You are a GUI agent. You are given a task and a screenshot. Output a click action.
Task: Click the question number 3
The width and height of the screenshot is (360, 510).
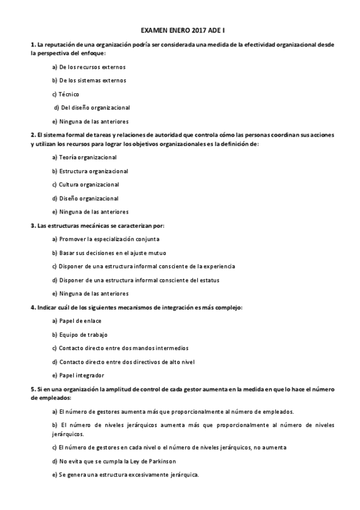pyautogui.click(x=33, y=226)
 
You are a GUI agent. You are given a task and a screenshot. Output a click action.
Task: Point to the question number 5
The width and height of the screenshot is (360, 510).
pyautogui.click(x=33, y=389)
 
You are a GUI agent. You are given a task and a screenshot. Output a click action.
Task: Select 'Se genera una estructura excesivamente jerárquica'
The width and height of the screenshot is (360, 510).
pyautogui.click(x=126, y=475)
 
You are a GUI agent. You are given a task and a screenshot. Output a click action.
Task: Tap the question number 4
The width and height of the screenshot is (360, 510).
pyautogui.click(x=33, y=307)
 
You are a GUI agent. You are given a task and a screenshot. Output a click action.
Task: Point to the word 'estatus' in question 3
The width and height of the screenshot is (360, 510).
pyautogui.click(x=209, y=280)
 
